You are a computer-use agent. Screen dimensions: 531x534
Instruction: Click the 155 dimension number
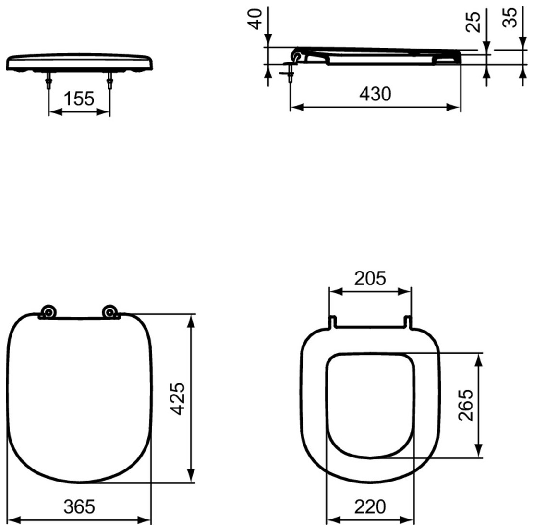click(x=79, y=99)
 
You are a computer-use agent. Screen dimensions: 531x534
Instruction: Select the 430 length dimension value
click(x=376, y=94)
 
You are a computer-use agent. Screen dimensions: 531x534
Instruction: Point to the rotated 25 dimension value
click(x=474, y=21)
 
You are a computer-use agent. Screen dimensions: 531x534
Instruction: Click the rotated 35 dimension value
click(x=512, y=17)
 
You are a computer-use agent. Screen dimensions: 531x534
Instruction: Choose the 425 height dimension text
click(x=179, y=398)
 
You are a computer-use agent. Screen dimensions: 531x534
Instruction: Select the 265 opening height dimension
click(x=465, y=405)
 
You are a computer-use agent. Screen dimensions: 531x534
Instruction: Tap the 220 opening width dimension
click(x=370, y=506)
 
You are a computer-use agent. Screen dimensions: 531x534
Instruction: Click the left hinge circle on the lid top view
click(x=49, y=312)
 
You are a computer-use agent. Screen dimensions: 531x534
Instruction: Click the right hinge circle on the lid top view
click(x=110, y=312)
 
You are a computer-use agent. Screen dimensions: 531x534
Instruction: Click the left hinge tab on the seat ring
click(x=332, y=322)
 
